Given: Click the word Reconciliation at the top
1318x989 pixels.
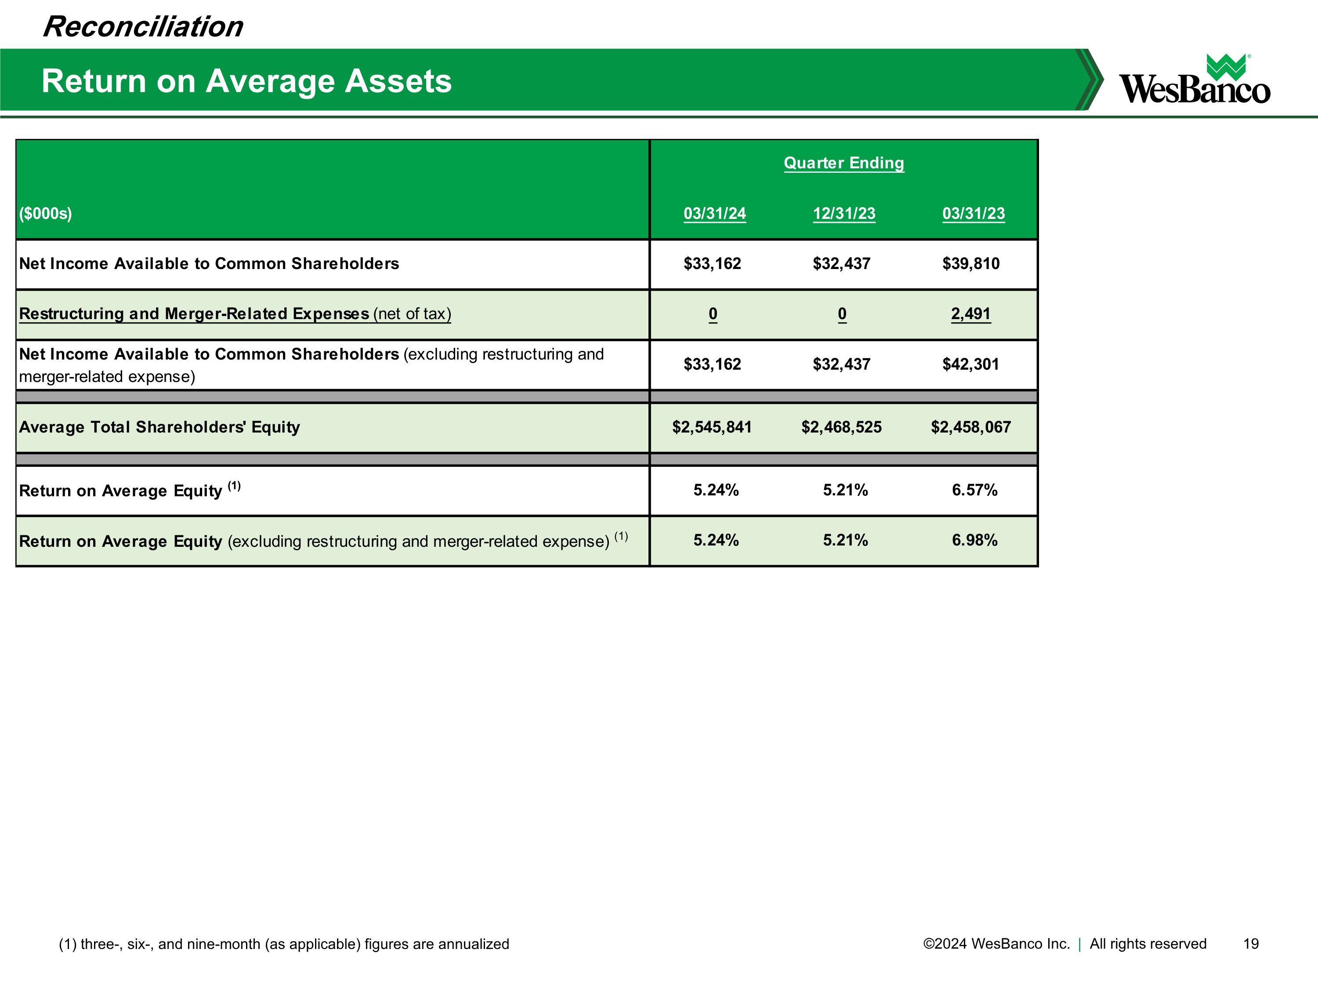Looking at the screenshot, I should (143, 27).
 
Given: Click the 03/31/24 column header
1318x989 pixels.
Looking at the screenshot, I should (714, 214).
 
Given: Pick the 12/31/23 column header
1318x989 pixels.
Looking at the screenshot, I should (844, 214).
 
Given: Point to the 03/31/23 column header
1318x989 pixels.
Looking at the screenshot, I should (973, 214).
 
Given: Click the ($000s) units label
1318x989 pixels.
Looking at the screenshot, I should (45, 214).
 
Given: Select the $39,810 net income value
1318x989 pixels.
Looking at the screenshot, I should (970, 263).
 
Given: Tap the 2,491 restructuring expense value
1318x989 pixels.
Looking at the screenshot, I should (970, 313).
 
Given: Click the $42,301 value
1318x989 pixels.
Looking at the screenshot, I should (970, 364).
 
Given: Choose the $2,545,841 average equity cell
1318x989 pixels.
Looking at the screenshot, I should (712, 427).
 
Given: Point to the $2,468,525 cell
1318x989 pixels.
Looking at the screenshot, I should (841, 427).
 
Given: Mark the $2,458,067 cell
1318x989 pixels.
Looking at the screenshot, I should (970, 427).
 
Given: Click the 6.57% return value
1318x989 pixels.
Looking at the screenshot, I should (974, 490).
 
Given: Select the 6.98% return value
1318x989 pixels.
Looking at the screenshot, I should (974, 540).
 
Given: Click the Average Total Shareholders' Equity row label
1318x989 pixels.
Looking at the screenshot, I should (159, 427).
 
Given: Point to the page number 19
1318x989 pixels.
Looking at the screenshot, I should (1251, 944).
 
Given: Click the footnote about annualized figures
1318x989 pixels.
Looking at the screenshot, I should (284, 944).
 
